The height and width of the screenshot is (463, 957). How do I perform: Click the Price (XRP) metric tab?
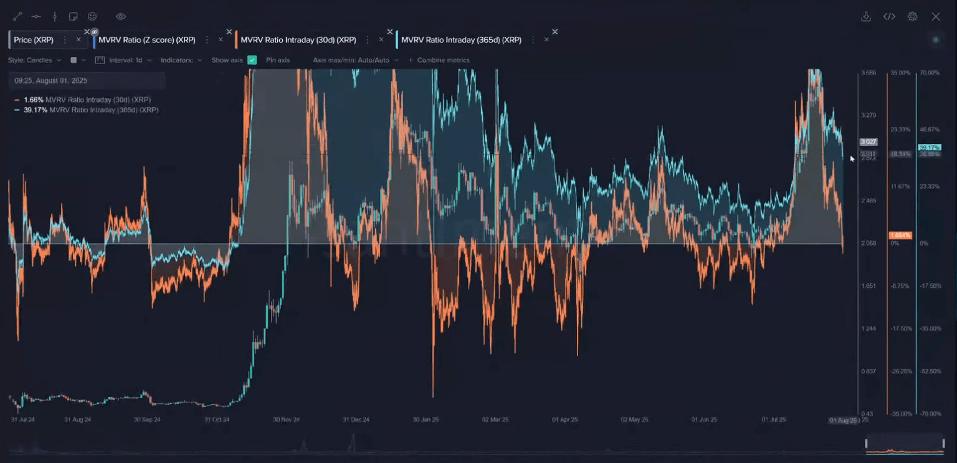coord(34,40)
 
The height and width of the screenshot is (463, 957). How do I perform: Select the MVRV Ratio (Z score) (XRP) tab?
coord(147,40)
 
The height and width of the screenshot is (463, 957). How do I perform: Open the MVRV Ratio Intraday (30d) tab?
coord(298,40)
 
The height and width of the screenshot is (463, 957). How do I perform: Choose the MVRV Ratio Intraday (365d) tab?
coord(461,40)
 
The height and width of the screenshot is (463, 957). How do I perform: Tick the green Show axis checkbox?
coord(252,60)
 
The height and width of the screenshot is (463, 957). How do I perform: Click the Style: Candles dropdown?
coord(34,60)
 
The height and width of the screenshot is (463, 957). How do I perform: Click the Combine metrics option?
coord(443,60)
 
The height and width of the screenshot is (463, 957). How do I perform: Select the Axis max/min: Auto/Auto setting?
coord(355,60)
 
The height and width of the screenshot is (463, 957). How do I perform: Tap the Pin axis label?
coord(278,60)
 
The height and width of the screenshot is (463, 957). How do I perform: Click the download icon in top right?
coord(866,17)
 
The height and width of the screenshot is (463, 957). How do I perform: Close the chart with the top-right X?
coord(936,17)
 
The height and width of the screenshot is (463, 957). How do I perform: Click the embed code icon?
coord(889,17)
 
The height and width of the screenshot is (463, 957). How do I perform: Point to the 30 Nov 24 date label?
coord(286,420)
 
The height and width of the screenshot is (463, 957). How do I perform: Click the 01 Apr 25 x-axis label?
coord(564,420)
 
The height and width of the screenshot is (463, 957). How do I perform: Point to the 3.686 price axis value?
coord(869,73)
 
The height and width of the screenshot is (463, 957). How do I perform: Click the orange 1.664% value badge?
coord(900,236)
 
